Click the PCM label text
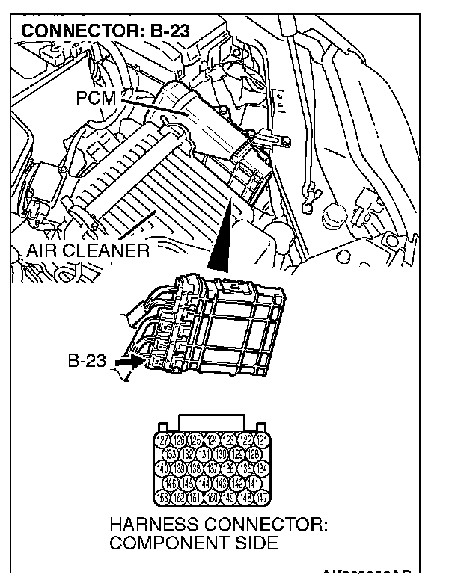[x=95, y=98]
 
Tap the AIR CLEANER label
[x=88, y=250]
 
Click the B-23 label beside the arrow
[x=88, y=362]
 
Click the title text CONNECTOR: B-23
[x=106, y=32]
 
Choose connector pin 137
[x=217, y=468]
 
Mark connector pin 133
[x=172, y=454]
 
